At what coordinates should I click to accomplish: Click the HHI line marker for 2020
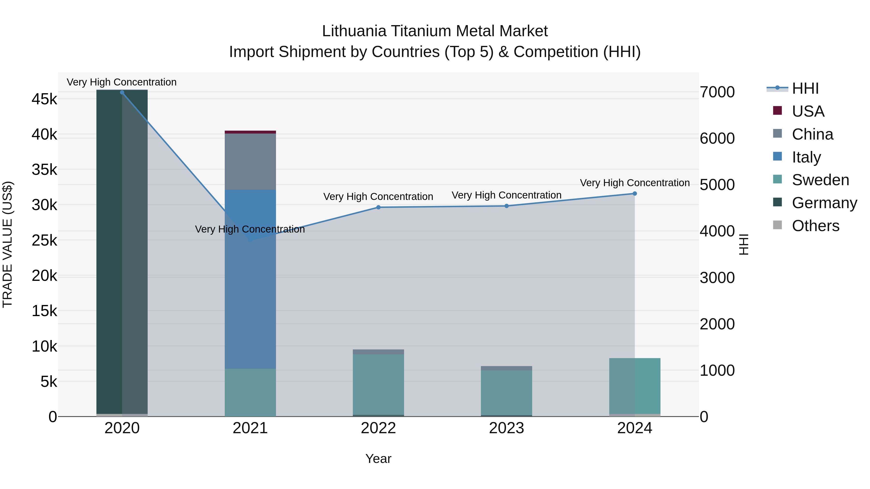[122, 92]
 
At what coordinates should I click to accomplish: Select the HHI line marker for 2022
[378, 207]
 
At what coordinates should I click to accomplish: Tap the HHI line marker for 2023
[507, 206]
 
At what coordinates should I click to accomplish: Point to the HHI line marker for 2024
[635, 193]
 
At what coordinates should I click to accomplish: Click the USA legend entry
[808, 111]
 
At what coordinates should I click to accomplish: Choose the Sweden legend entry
[820, 180]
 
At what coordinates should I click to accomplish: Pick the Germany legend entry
[824, 203]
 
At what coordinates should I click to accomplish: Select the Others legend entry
[815, 226]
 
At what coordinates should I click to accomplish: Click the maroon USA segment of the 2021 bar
[250, 132]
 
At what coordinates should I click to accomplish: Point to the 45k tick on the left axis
[44, 99]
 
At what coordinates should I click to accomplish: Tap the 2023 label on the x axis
[507, 428]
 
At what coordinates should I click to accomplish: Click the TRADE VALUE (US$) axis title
[7, 244]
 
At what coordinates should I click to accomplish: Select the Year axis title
[378, 459]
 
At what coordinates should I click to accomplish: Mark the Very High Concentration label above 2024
[635, 183]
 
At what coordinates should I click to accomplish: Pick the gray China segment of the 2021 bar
[250, 162]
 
